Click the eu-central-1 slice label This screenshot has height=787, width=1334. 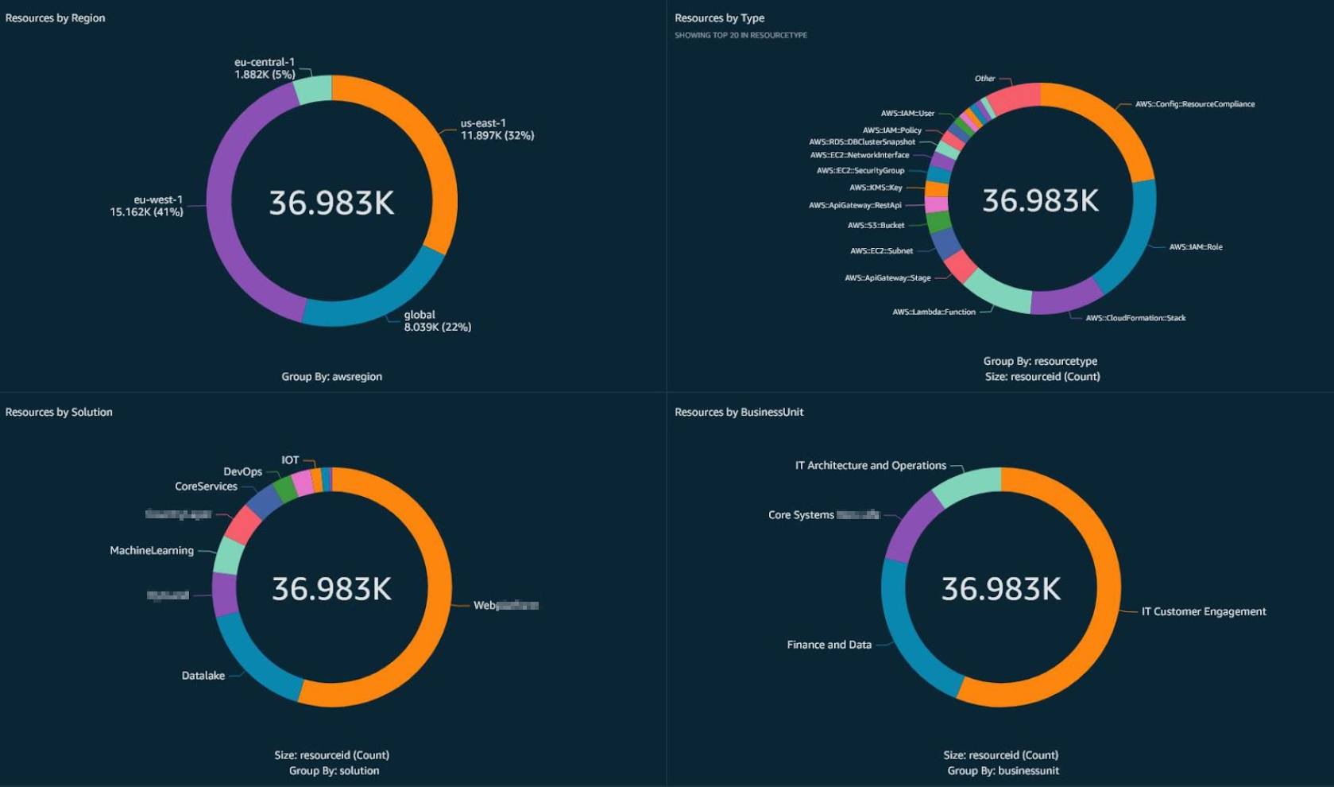click(265, 68)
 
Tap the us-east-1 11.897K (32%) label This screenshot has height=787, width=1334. click(497, 130)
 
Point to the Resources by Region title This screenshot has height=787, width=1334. click(55, 17)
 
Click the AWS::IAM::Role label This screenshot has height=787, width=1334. click(1195, 247)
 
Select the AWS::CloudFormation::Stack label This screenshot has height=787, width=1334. click(1135, 318)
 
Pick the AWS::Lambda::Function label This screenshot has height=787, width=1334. click(934, 312)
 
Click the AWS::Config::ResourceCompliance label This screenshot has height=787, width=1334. click(1194, 104)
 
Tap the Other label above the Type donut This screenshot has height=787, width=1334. click(984, 79)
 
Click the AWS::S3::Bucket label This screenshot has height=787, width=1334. click(876, 226)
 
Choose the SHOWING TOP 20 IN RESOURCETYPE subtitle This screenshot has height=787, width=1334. click(740, 35)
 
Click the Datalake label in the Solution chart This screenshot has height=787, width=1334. click(203, 676)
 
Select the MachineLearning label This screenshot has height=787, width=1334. click(152, 550)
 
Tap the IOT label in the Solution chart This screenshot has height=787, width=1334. click(290, 460)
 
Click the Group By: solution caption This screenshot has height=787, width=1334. click(334, 770)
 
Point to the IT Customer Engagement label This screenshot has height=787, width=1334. click(1204, 611)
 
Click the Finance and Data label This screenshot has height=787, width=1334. click(829, 645)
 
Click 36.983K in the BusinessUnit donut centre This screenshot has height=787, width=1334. click(1001, 589)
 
